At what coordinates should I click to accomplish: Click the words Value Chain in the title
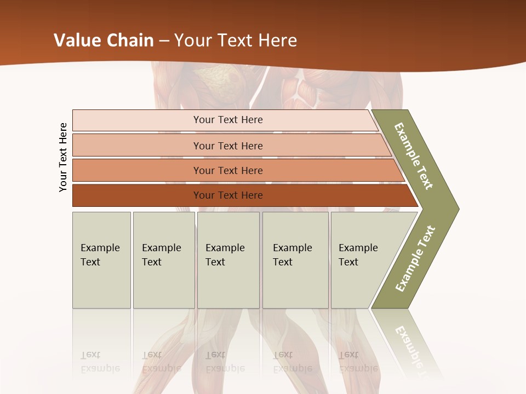pyautogui.click(x=104, y=40)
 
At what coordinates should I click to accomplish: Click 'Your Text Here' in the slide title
pyautogui.click(x=236, y=40)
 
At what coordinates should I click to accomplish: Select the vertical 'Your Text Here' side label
pyautogui.click(x=64, y=157)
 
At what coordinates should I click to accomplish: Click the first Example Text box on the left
pyautogui.click(x=101, y=260)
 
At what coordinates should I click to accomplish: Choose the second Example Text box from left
pyautogui.click(x=163, y=260)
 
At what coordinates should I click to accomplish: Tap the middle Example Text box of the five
pyautogui.click(x=228, y=260)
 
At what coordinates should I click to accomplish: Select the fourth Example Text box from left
pyautogui.click(x=295, y=260)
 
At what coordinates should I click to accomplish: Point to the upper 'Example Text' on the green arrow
pyautogui.click(x=414, y=156)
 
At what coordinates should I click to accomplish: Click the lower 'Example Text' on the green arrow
pyautogui.click(x=415, y=258)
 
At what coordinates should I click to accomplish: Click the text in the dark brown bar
pyautogui.click(x=228, y=195)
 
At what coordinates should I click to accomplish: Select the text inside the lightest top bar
pyautogui.click(x=228, y=120)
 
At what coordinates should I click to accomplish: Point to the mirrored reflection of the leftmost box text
pyautogui.click(x=101, y=362)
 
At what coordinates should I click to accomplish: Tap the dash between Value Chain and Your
pyautogui.click(x=164, y=41)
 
